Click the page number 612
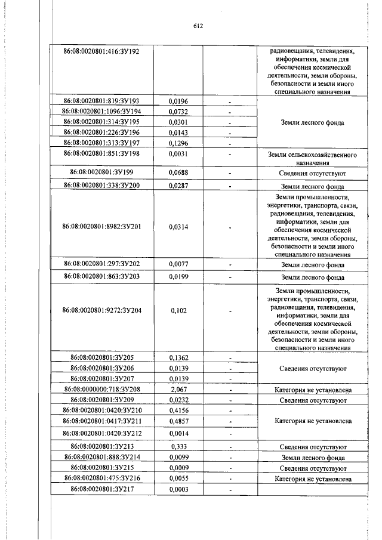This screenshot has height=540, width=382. (x=199, y=26)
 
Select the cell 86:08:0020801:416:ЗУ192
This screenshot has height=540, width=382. (x=101, y=52)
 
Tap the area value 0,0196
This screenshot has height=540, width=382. (x=178, y=101)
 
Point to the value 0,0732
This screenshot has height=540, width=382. (x=178, y=112)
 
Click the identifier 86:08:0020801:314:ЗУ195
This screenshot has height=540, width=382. (x=101, y=122)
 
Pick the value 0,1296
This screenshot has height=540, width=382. (x=178, y=143)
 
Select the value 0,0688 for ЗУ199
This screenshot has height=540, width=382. (x=178, y=173)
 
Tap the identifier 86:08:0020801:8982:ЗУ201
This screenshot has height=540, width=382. (x=101, y=227)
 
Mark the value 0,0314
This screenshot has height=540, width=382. (x=178, y=227)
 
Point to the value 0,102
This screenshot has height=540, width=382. (x=178, y=310)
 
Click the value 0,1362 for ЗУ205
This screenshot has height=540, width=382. (x=178, y=358)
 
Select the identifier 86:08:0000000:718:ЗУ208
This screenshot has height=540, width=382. (x=101, y=389)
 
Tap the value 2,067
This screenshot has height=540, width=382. (x=178, y=389)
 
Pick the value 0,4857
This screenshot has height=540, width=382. (x=178, y=421)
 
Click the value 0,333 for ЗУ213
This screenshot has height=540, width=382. (x=178, y=446)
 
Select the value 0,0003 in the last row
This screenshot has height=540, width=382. (x=178, y=489)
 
